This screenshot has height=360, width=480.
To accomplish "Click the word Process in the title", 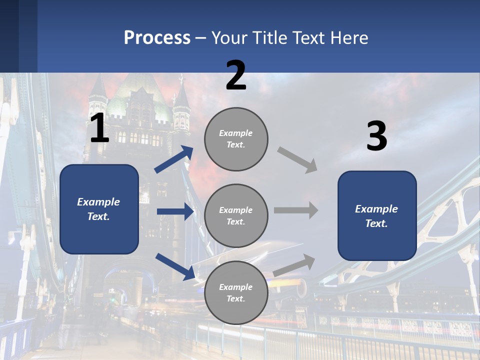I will pyautogui.click(x=157, y=38).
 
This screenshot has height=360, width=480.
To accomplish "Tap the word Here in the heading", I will pyautogui.click(x=347, y=38).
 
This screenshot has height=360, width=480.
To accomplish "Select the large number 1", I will pyautogui.click(x=99, y=128).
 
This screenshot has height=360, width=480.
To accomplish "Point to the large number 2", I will pyautogui.click(x=236, y=75).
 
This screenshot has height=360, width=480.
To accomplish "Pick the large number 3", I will pyautogui.click(x=377, y=136).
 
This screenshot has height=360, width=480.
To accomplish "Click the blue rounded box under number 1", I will pyautogui.click(x=99, y=209).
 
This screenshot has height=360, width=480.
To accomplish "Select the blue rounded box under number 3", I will pyautogui.click(x=377, y=216).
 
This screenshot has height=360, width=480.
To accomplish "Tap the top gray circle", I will pyautogui.click(x=236, y=139).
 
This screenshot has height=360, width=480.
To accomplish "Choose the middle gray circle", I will pyautogui.click(x=236, y=216).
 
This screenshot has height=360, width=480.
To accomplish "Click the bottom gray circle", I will pyautogui.click(x=236, y=292).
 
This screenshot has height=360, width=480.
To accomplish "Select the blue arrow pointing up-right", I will pyautogui.click(x=173, y=159).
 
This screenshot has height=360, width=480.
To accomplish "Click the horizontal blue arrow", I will pyautogui.click(x=174, y=211).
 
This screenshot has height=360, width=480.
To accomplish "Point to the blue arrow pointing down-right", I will pyautogui.click(x=174, y=266).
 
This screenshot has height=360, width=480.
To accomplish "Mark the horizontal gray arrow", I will pyautogui.click(x=296, y=210).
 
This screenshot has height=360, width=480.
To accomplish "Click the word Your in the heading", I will pyautogui.click(x=229, y=38).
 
